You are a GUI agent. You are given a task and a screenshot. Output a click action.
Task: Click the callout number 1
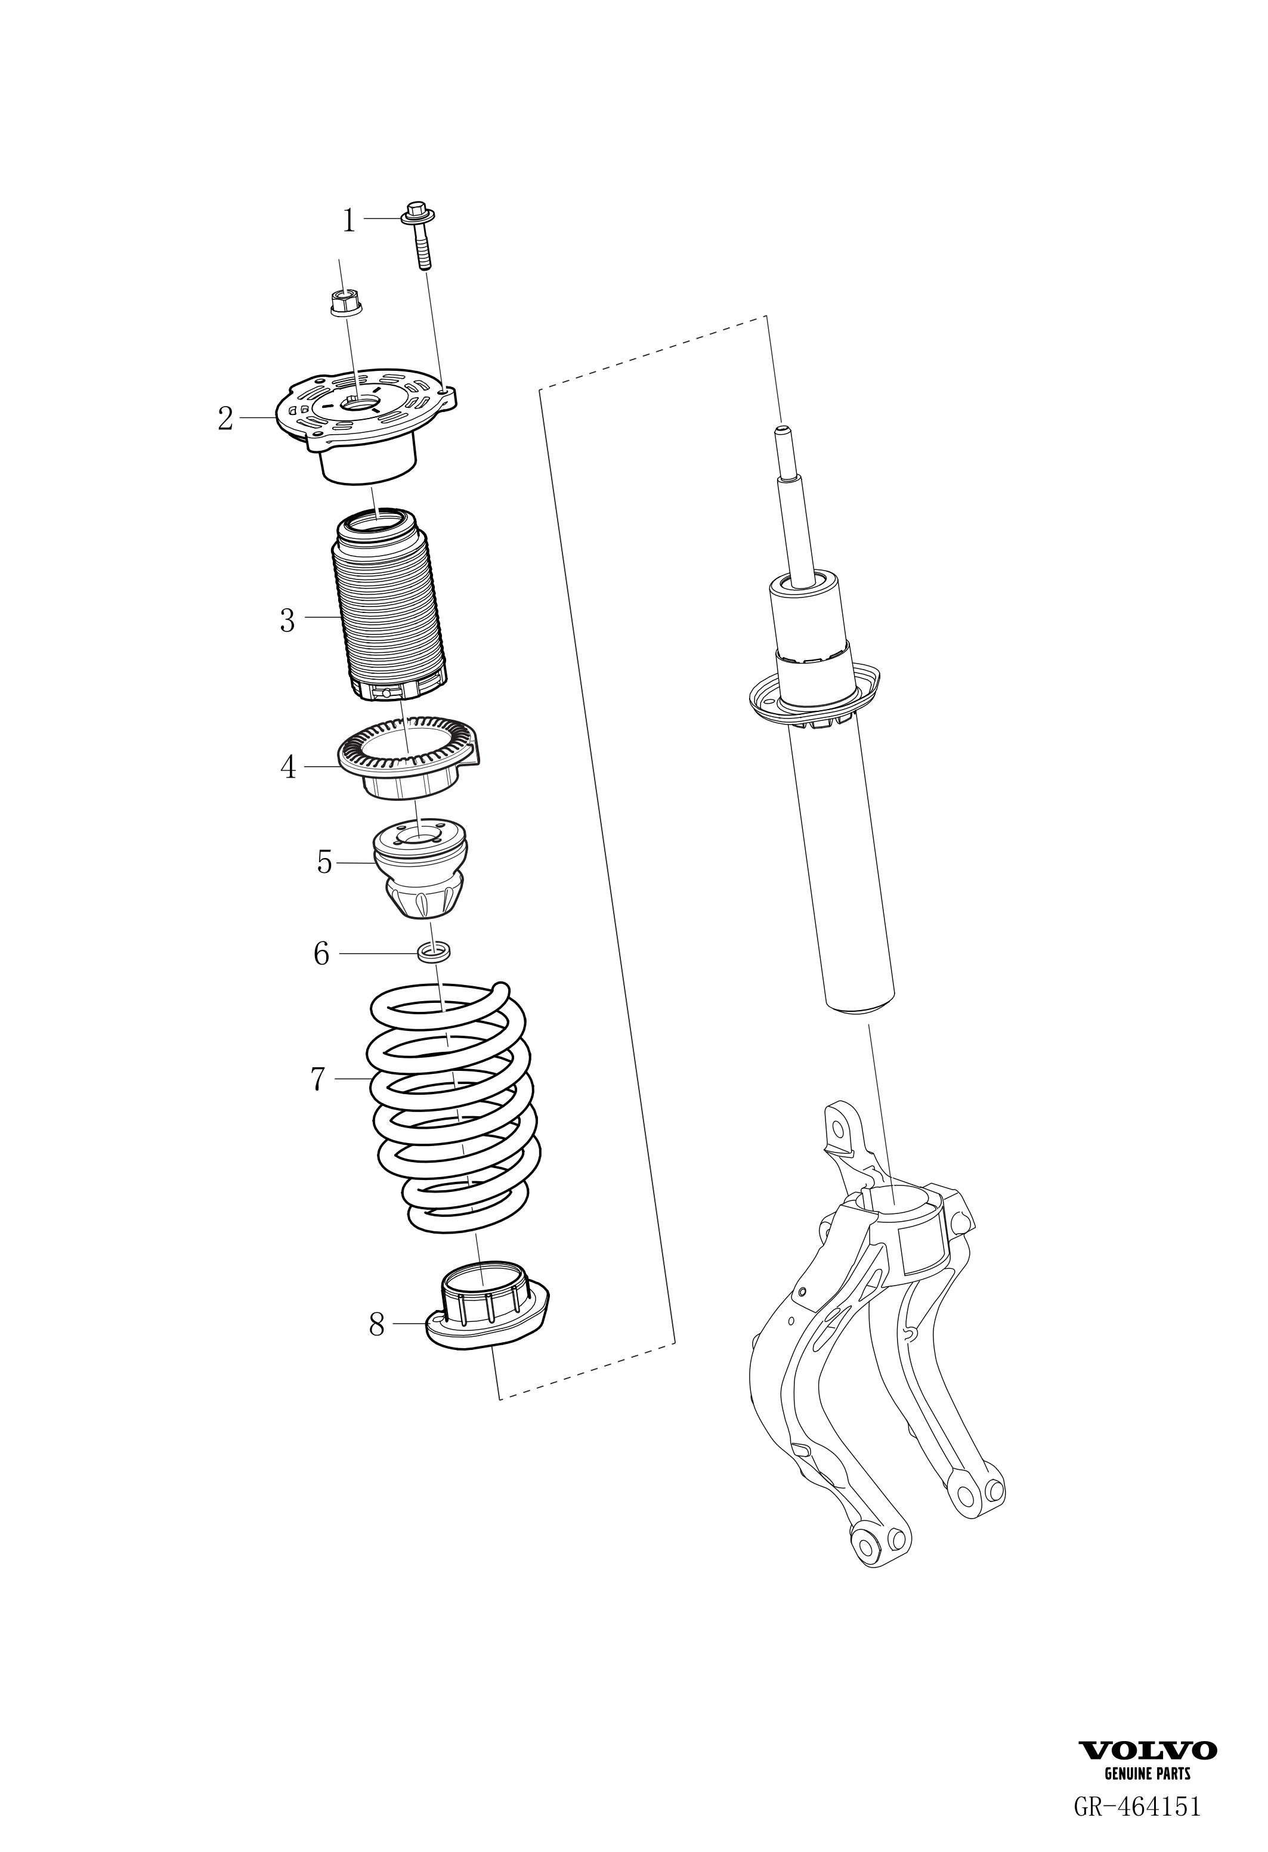348,220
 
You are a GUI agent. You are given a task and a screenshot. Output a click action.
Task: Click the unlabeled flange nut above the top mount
343,303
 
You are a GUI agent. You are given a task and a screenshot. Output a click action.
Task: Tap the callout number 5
324,862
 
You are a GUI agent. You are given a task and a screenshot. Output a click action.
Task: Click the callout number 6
321,953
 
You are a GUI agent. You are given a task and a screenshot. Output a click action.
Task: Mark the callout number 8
377,1325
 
